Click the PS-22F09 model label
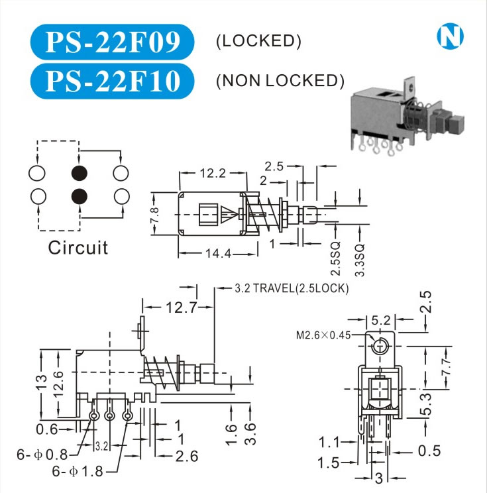point(112,42)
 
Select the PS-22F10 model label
point(112,81)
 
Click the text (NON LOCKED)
point(280,81)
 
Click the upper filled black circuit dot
point(80,174)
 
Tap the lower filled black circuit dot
point(80,196)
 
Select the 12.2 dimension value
point(213,174)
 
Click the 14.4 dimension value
point(213,252)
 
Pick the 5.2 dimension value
point(380,320)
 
